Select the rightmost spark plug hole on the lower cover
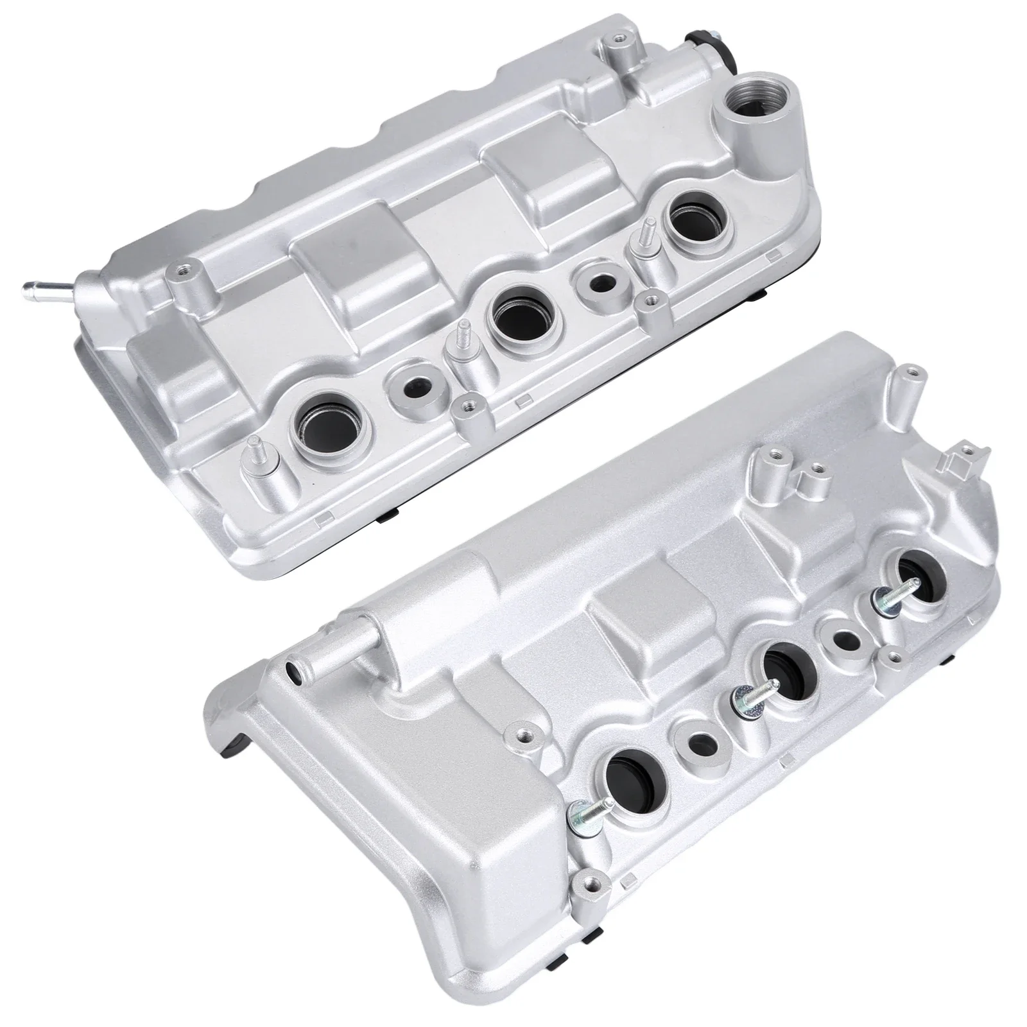[916, 574]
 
